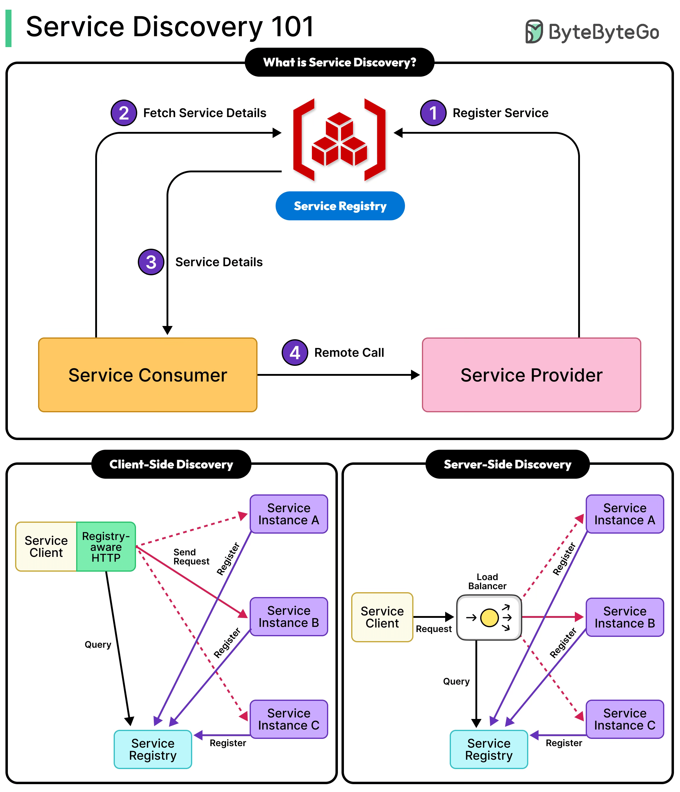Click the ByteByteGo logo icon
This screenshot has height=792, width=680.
click(534, 31)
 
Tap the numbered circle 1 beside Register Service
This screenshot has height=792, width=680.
click(433, 113)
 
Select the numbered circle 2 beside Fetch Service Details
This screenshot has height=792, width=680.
click(124, 113)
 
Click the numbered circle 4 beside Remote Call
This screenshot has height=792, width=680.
click(295, 353)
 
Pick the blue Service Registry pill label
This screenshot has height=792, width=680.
click(340, 206)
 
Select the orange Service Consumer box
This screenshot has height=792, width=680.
click(148, 375)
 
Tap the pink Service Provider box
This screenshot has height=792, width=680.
click(531, 375)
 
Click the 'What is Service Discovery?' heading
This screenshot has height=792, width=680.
click(339, 62)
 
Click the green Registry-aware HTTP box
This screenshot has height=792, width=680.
click(106, 547)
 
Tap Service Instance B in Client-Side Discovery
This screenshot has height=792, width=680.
click(289, 617)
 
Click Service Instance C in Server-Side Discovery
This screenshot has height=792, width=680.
click(624, 719)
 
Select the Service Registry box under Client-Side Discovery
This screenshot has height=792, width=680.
click(153, 749)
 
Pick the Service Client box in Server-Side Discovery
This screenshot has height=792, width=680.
click(382, 617)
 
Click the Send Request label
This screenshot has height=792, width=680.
click(191, 557)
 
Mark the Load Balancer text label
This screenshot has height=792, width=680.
click(487, 581)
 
